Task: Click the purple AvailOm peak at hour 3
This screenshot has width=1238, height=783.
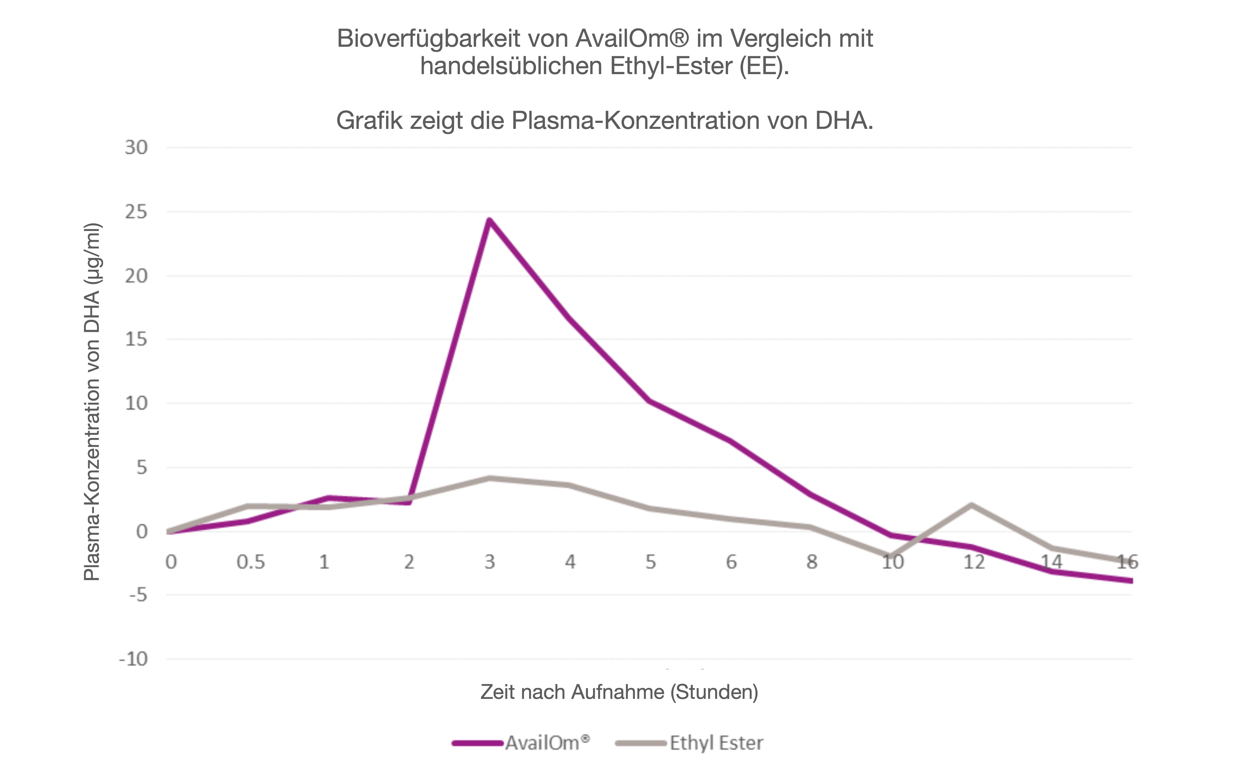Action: click(x=489, y=221)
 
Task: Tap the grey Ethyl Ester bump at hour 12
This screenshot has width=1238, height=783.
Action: click(x=971, y=505)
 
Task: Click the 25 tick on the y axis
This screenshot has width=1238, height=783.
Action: click(x=136, y=212)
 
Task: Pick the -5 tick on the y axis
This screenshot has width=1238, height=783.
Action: click(x=138, y=595)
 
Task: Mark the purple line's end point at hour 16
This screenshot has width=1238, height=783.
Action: click(x=1130, y=581)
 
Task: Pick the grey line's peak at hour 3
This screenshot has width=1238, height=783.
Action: click(x=489, y=478)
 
